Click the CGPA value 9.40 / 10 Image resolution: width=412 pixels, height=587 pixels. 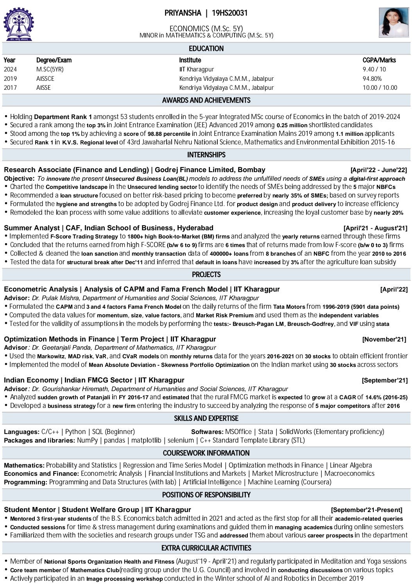tap(374, 69)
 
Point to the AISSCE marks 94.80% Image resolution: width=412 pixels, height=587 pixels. tap(372, 78)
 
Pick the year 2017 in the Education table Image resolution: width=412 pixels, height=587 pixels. tap(10, 87)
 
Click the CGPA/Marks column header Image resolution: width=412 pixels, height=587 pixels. tap(379, 60)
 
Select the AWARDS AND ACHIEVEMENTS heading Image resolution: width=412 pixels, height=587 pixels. tap(206, 100)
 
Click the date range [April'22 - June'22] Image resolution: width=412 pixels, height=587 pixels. tap(378, 170)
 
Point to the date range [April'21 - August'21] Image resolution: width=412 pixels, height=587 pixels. tap(375, 228)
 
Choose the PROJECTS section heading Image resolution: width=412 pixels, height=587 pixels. tap(206, 274)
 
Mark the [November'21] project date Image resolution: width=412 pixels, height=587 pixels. tap(384, 340)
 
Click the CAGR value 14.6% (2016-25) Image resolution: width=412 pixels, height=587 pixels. tap(386, 397)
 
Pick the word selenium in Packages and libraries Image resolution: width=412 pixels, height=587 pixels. tap(181, 440)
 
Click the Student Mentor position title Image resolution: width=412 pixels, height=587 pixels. tap(29, 510)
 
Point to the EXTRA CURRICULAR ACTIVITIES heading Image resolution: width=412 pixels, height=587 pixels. tap(206, 548)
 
